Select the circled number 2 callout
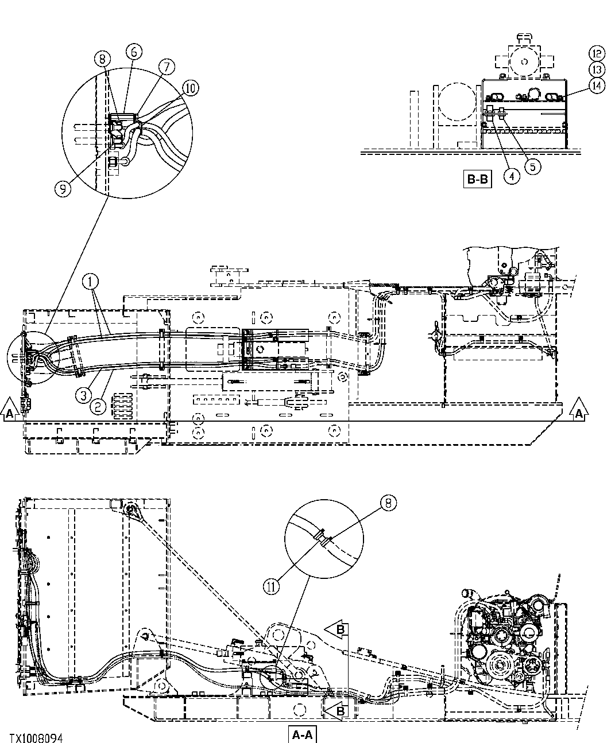point(98,407)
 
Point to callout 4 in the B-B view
point(512,176)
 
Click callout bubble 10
point(191,87)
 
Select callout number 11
point(271,586)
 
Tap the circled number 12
point(597,53)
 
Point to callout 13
point(597,69)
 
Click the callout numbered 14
point(597,85)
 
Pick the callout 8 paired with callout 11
point(389,503)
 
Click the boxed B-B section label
point(477,180)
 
